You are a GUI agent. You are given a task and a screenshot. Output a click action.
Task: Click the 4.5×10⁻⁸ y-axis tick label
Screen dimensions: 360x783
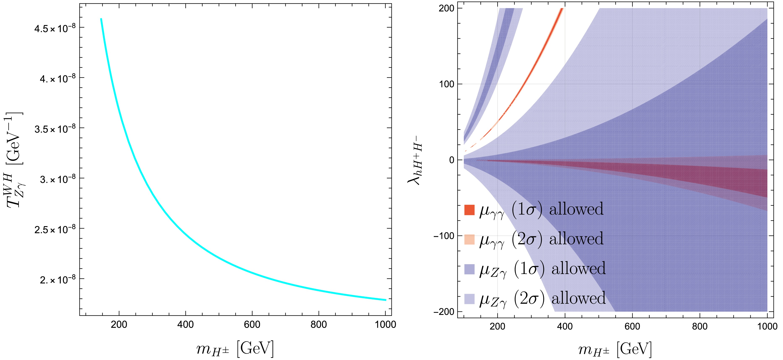(55, 28)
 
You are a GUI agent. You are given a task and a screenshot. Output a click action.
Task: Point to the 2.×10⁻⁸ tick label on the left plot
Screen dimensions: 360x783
(57, 279)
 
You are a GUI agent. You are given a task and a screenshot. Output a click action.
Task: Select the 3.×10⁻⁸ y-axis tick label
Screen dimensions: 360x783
(57, 179)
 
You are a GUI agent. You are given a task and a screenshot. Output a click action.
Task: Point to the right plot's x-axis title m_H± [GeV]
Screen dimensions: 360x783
(615, 350)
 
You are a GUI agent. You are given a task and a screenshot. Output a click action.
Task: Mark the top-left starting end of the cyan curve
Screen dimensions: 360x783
(101, 19)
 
